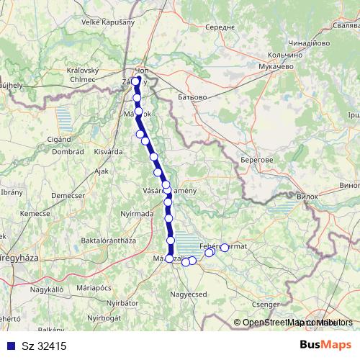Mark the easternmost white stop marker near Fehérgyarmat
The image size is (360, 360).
[x=224, y=248]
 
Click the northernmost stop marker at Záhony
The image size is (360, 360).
[x=135, y=81]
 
